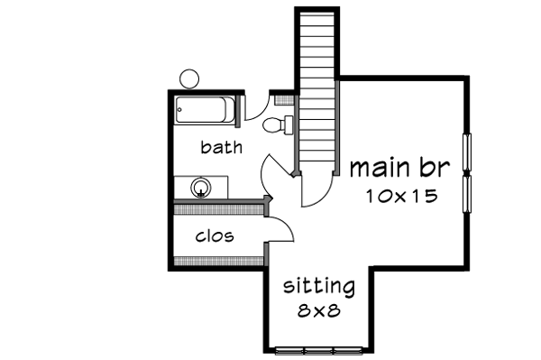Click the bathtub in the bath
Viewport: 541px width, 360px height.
(205, 112)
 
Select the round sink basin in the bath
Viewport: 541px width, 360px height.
(202, 188)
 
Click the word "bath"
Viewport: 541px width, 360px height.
(221, 147)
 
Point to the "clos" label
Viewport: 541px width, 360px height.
(215, 236)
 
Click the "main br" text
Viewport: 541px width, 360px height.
(399, 168)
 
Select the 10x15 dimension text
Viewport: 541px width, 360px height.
(402, 196)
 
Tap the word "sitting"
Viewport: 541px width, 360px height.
(319, 288)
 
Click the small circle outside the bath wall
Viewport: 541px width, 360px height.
(189, 78)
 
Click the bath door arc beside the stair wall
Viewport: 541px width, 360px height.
(274, 171)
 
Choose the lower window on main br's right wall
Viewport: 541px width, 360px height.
(467, 190)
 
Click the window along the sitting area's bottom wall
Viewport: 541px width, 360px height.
(318, 350)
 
